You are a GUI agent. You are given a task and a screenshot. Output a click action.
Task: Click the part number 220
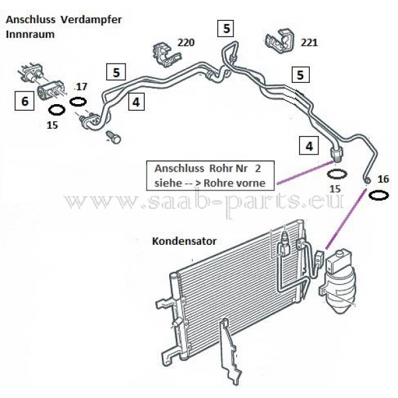pyautogui.click(x=186, y=43)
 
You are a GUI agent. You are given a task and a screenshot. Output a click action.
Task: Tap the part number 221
pyautogui.click(x=309, y=43)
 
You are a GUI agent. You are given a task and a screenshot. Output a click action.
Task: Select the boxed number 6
pyautogui.click(x=24, y=101)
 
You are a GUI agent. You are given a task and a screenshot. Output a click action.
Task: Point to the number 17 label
pyautogui.click(x=81, y=87)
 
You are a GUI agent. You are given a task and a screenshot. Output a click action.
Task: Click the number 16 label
pyautogui.click(x=383, y=178)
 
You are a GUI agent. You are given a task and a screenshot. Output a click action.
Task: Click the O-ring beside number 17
pyautogui.click(x=78, y=101)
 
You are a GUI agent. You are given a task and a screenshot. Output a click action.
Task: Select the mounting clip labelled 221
pyautogui.click(x=279, y=41)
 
